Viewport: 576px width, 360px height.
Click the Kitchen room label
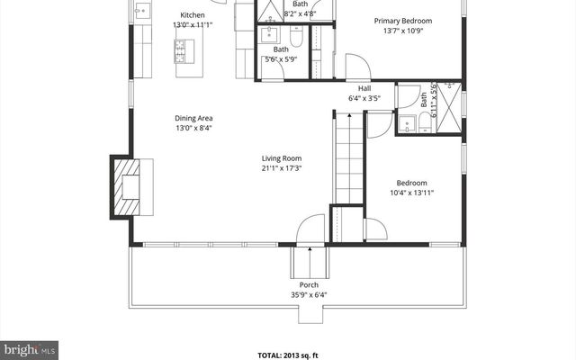[192, 15]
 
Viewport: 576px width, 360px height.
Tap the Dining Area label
[193, 118]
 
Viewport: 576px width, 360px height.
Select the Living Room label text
[281, 158]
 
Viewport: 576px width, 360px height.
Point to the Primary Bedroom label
[402, 21]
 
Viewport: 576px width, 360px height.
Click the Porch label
[309, 285]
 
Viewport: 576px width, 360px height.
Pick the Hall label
[364, 88]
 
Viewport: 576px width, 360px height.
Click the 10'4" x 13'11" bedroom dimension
[412, 193]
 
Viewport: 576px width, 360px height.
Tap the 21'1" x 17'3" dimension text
[281, 168]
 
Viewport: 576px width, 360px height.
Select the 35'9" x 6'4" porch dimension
[309, 295]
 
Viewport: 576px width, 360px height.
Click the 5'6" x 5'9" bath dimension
[281, 59]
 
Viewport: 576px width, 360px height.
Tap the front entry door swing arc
[310, 227]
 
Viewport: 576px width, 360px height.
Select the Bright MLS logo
[30, 347]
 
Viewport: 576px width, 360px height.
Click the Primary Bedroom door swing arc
[357, 67]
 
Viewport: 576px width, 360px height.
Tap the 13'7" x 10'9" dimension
[402, 31]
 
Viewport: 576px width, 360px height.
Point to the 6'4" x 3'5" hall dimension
[364, 98]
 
